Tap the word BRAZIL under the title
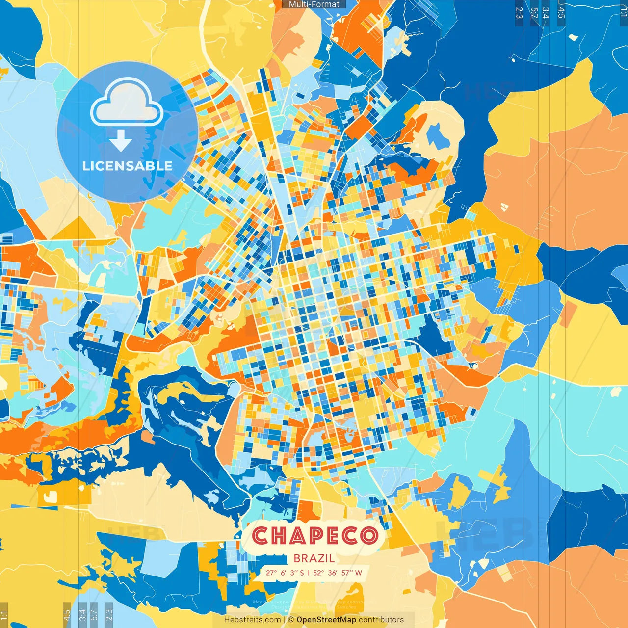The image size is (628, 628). (314, 558)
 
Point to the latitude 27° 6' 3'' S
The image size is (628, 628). (285, 573)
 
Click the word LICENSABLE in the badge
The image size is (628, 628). (128, 166)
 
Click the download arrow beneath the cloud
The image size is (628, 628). (121, 141)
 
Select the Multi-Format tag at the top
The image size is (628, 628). (314, 4)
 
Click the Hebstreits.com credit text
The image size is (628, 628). (252, 620)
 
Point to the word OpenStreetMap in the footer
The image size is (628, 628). (326, 620)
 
